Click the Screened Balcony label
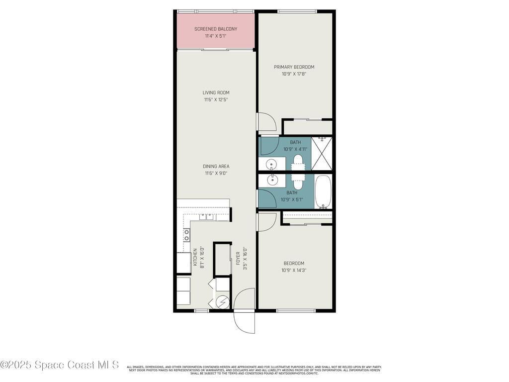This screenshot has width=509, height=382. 216,29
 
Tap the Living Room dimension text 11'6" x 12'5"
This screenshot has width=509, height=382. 216,99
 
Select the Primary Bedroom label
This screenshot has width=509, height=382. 294,67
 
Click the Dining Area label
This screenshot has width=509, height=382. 216,166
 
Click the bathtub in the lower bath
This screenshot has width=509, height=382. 323,191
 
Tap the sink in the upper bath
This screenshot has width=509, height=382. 271,164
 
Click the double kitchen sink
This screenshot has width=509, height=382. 207,217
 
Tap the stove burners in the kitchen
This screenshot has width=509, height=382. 187,235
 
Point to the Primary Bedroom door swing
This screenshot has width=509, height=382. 265,122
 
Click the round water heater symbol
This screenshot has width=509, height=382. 223,302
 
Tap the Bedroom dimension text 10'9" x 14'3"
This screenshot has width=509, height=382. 294,271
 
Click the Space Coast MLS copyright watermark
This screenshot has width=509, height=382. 60,365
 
